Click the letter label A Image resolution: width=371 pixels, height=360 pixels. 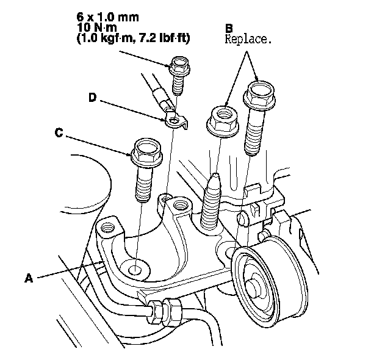[x=28, y=278]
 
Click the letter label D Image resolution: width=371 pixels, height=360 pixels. [x=93, y=97]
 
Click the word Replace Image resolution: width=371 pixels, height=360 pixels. [x=248, y=40]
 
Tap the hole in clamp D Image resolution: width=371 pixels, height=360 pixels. [x=175, y=122]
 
